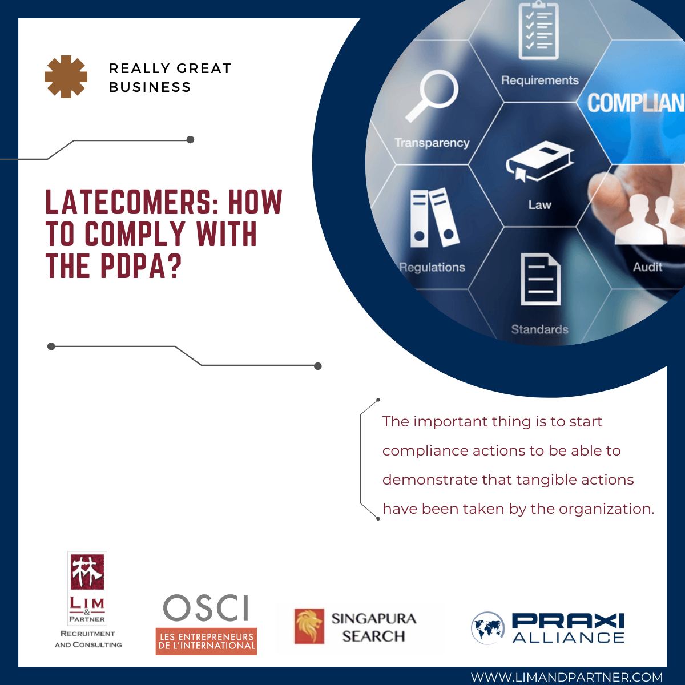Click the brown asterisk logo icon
tap(66, 77)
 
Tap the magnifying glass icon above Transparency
tap(431, 96)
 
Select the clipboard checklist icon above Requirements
tap(538, 30)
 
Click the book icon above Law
tap(540, 162)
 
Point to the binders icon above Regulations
tap(434, 217)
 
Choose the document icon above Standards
tap(541, 279)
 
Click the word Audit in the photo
tap(647, 267)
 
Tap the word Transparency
tap(432, 143)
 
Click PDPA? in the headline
tap(141, 266)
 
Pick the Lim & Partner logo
tap(88, 600)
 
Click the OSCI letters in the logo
tap(205, 608)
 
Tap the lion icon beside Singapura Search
tap(309, 626)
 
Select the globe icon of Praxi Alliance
tap(487, 628)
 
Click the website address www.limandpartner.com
tap(567, 676)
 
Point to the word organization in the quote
tap(606, 509)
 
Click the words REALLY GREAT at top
tap(170, 68)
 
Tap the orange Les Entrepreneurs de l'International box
tap(206, 642)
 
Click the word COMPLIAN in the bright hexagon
tap(635, 103)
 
